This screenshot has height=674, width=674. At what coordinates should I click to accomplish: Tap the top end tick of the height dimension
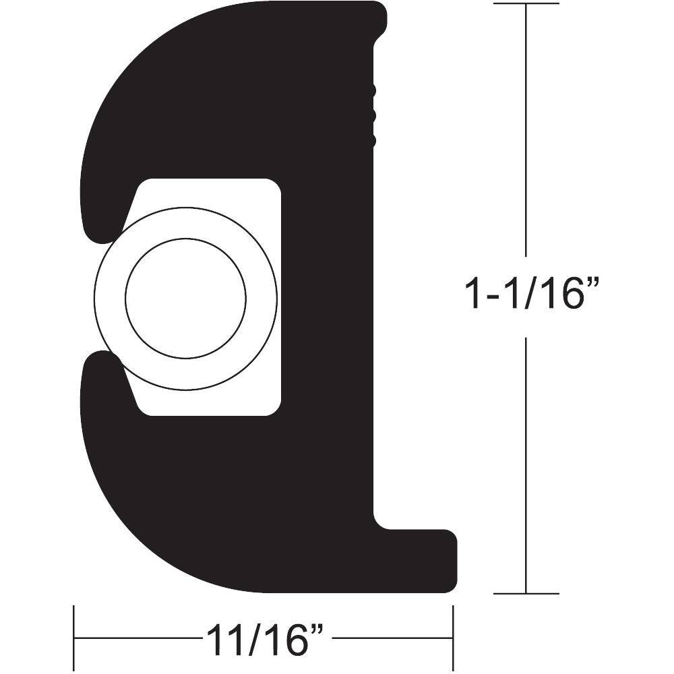(526, 4)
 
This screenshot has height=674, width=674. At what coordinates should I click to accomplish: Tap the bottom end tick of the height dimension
(526, 594)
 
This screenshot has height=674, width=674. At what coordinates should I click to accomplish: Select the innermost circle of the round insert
(185, 297)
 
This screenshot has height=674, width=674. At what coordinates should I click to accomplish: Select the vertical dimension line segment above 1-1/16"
(526, 135)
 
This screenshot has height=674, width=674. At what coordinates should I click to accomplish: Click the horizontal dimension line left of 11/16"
(135, 638)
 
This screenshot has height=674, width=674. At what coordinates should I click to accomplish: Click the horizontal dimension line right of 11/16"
(391, 638)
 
